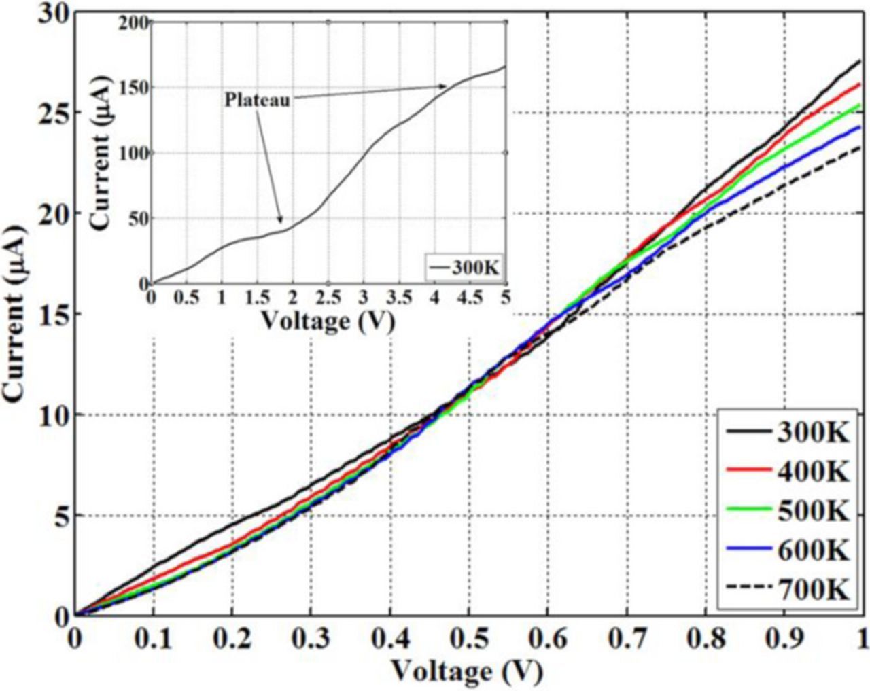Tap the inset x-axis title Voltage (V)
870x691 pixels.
(x=328, y=320)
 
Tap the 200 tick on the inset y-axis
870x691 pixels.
(x=134, y=23)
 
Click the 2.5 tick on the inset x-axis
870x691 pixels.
(x=328, y=298)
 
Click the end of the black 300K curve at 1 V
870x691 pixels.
(x=861, y=61)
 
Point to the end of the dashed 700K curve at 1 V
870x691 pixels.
(x=861, y=147)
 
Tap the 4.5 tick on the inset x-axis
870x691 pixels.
(x=469, y=298)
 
